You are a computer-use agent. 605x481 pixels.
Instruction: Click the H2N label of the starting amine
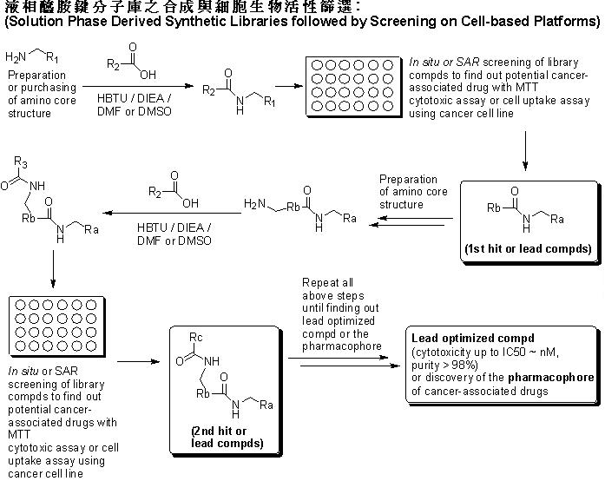click(x=16, y=58)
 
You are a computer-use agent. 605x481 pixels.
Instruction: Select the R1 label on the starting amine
click(x=54, y=58)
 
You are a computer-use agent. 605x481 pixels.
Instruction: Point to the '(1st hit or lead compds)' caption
click(x=529, y=249)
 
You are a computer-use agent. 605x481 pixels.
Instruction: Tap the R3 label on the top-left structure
click(x=18, y=161)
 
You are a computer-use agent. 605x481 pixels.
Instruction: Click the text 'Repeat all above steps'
click(x=333, y=289)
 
